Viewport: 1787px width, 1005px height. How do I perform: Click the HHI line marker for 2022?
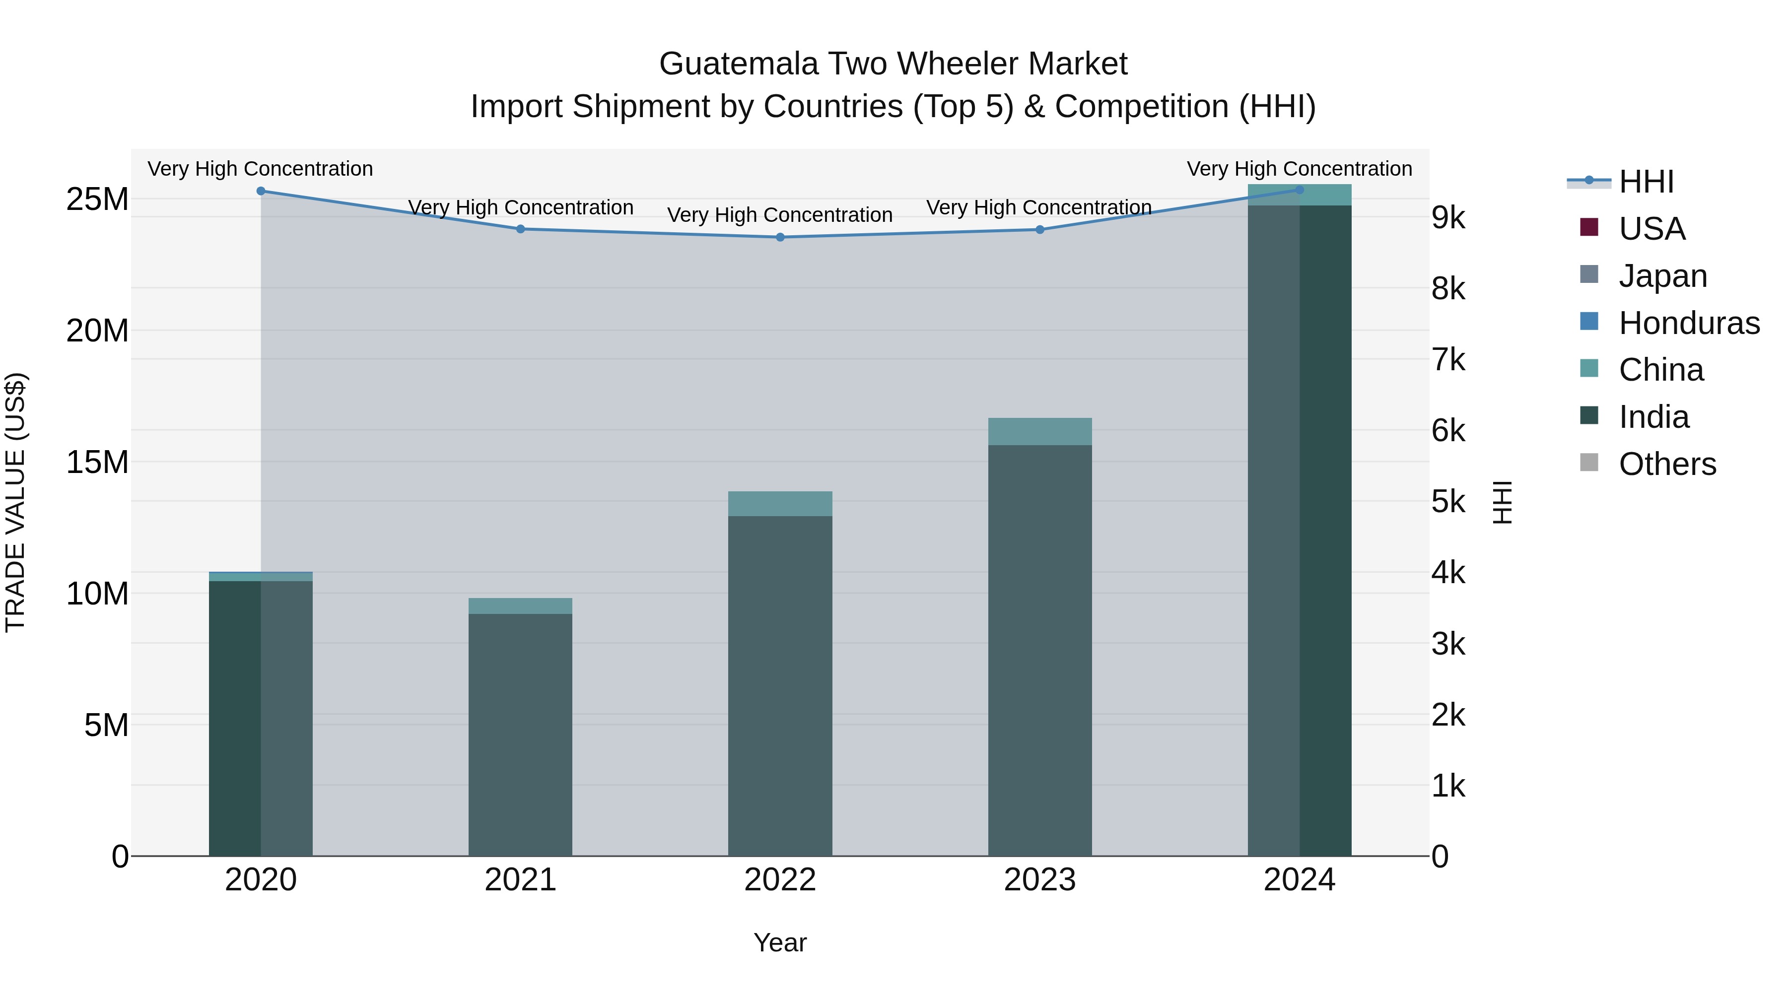pyautogui.click(x=780, y=237)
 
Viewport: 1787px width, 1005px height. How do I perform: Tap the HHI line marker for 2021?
pyautogui.click(x=520, y=229)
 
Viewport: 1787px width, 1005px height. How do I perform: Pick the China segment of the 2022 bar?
pyautogui.click(x=780, y=504)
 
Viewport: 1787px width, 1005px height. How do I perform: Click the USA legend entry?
pyautogui.click(x=1651, y=229)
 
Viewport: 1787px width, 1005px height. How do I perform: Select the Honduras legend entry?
pyautogui.click(x=1689, y=323)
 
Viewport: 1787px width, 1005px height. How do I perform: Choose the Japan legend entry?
pyautogui.click(x=1662, y=276)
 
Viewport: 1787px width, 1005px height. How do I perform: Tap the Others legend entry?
pyautogui.click(x=1666, y=464)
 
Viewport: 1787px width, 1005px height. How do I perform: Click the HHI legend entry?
pyautogui.click(x=1646, y=182)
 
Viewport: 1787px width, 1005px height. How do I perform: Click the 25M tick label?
pyautogui.click(x=97, y=200)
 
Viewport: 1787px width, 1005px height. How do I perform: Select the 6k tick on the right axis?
pyautogui.click(x=1448, y=431)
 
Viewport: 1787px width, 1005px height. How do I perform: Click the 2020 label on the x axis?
pyautogui.click(x=261, y=880)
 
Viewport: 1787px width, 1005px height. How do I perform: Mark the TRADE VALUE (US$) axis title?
pyautogui.click(x=15, y=502)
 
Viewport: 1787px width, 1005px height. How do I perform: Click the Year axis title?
pyautogui.click(x=780, y=942)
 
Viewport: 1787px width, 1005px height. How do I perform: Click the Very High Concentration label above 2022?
pyautogui.click(x=780, y=215)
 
